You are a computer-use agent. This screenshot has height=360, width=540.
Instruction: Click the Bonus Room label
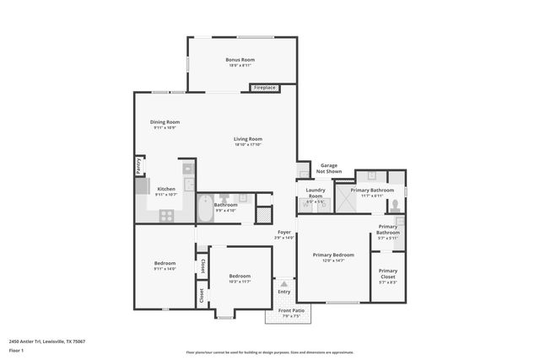(x=240, y=60)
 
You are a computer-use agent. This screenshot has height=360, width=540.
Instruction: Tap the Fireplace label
(x=265, y=88)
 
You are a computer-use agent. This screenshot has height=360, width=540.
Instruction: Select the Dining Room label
(x=165, y=122)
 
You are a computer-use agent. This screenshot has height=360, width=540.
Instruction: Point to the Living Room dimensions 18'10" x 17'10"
(x=248, y=145)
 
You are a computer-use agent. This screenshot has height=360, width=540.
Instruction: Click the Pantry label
(x=138, y=166)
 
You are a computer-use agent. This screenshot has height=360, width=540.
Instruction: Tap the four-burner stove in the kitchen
(x=166, y=215)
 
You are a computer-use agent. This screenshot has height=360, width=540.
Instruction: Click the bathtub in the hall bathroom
(x=207, y=207)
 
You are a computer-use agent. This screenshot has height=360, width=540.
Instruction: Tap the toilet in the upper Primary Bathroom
(x=372, y=178)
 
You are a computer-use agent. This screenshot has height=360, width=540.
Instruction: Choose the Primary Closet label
(x=388, y=274)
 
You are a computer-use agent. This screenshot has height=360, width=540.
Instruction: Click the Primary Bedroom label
(x=333, y=255)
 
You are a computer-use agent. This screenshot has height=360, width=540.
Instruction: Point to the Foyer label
(x=283, y=233)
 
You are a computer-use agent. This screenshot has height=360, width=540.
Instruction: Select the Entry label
(x=283, y=292)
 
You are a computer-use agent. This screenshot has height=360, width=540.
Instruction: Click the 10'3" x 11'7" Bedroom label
(x=240, y=277)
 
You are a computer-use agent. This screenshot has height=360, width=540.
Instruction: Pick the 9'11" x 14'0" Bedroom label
(x=165, y=266)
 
